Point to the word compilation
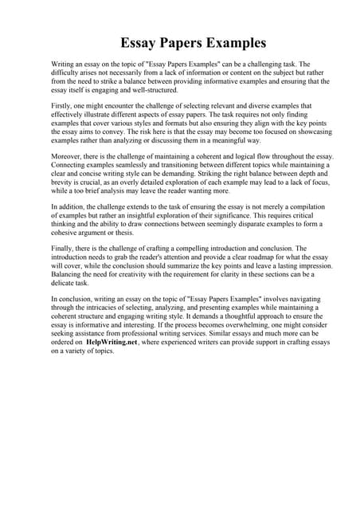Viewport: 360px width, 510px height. (x=297, y=206)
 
